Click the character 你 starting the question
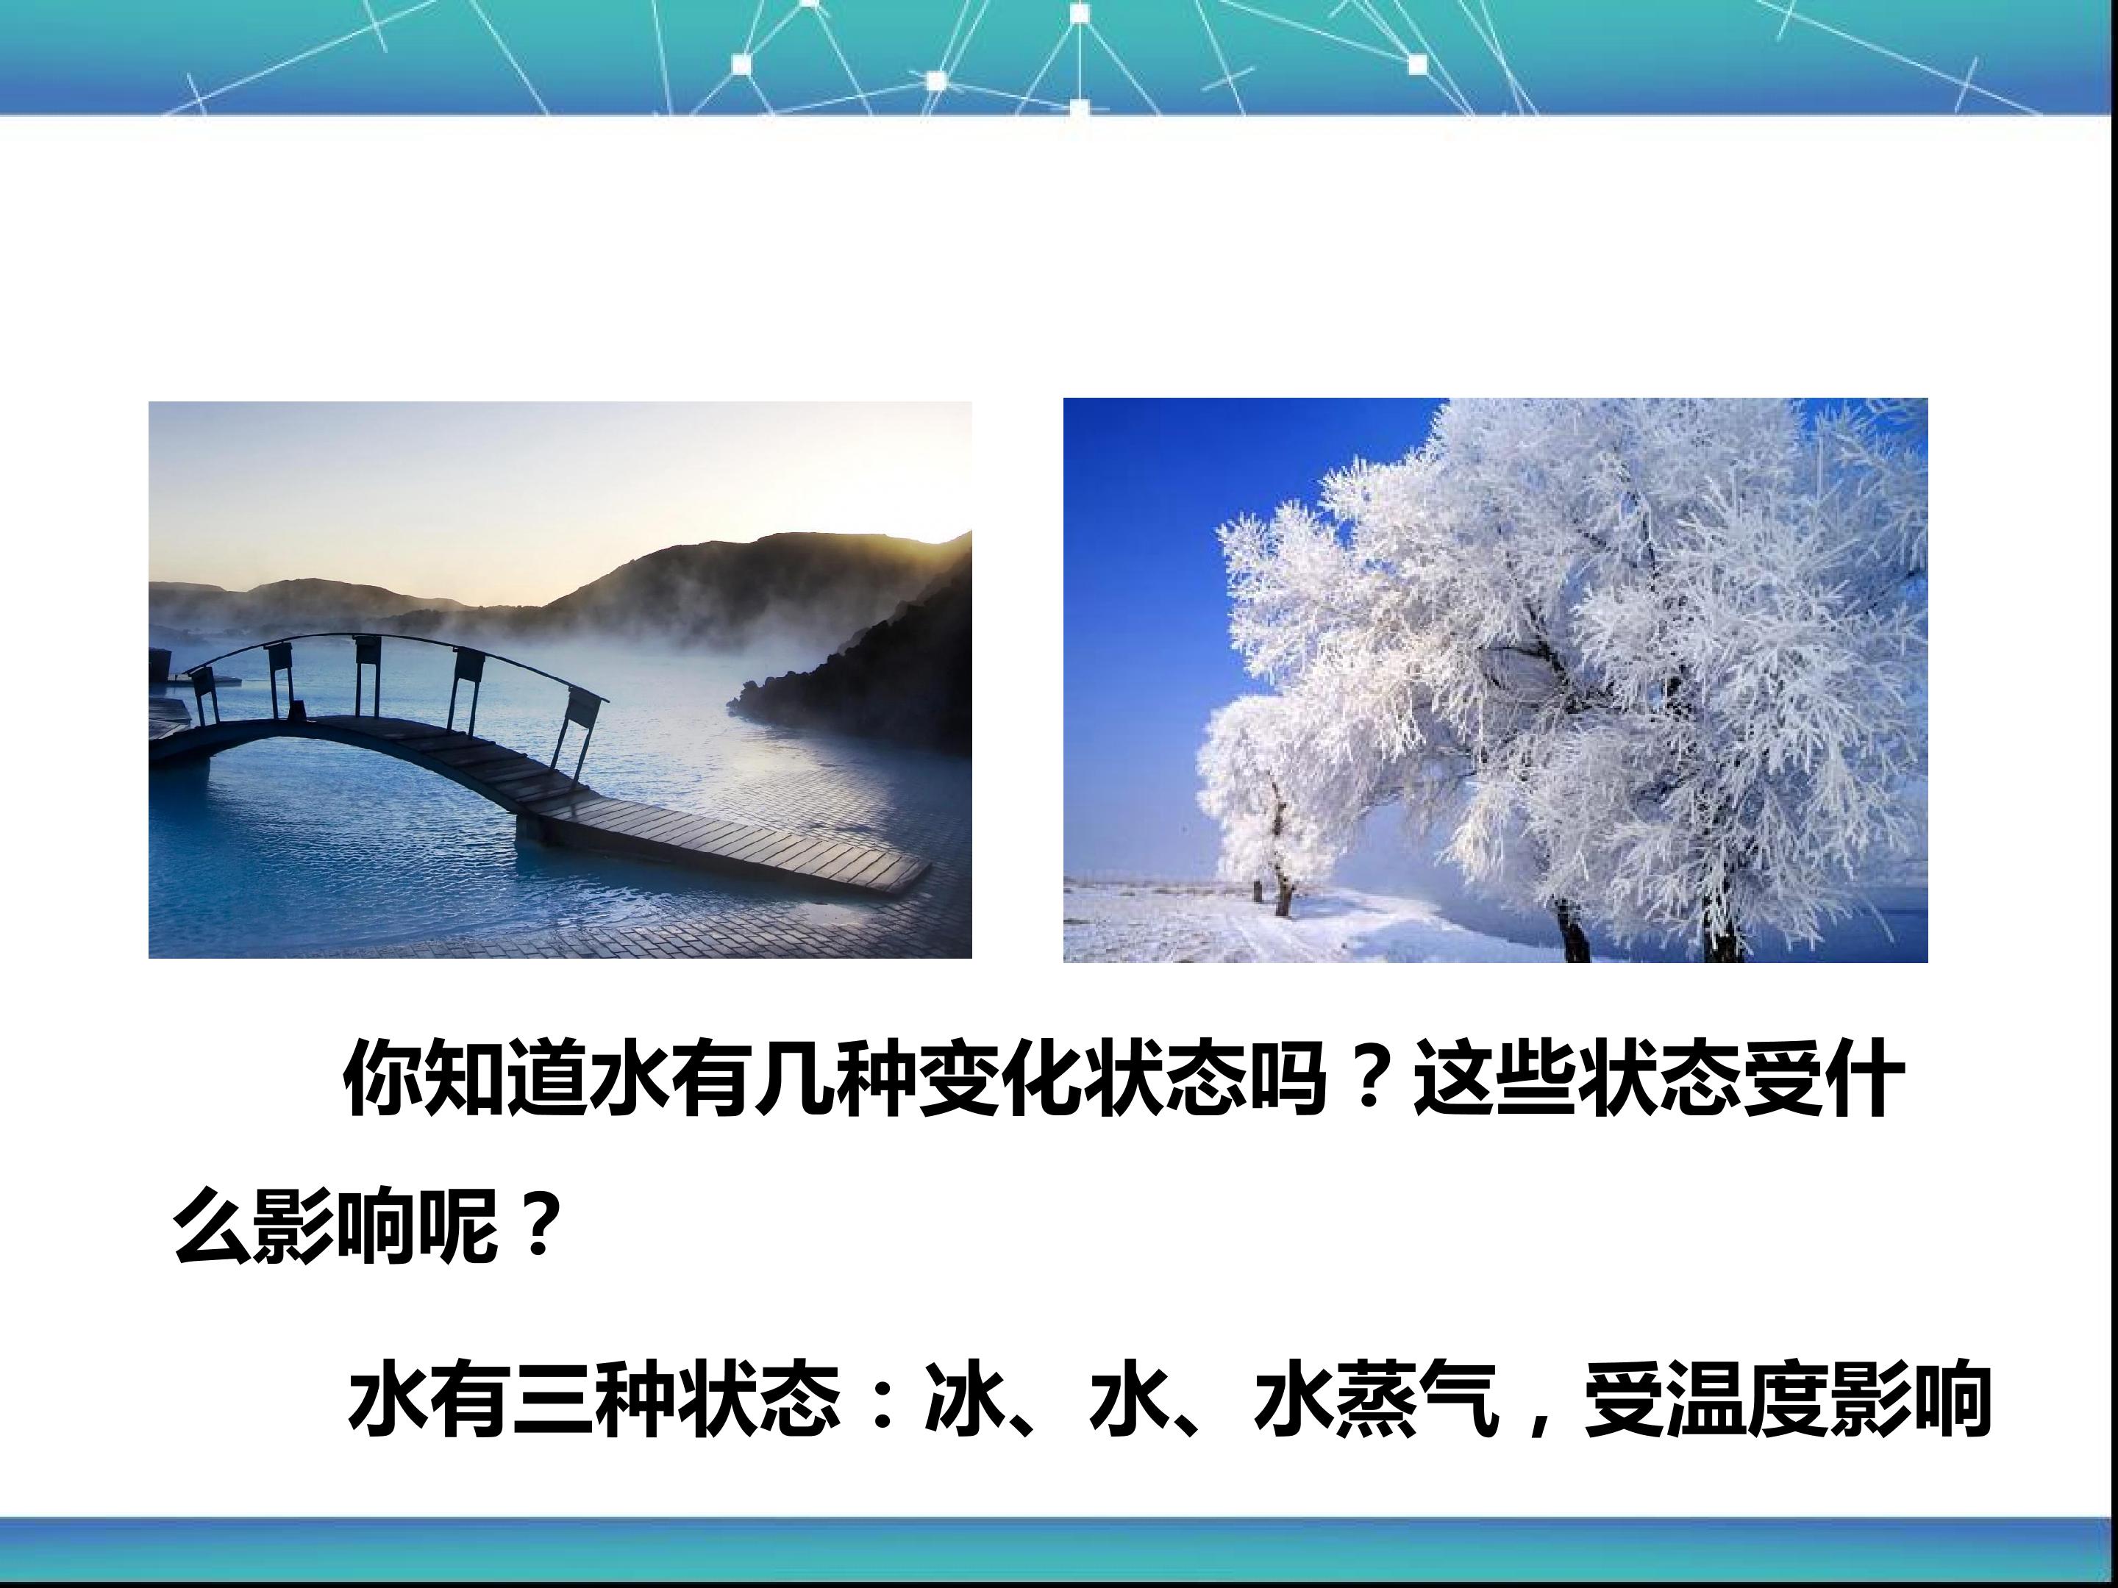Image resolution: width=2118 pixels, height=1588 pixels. (x=382, y=1079)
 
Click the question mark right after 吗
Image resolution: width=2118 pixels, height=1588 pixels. (x=1367, y=1079)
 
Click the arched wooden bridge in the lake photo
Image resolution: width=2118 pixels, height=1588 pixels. (x=536, y=766)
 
